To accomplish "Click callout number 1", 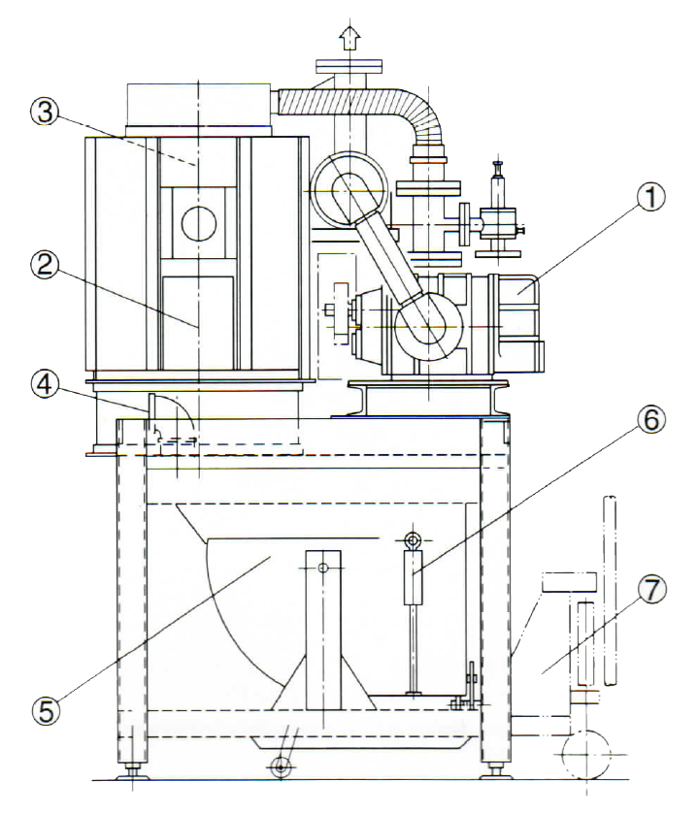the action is coord(650,198).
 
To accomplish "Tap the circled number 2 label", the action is coord(46,266).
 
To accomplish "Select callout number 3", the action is coord(46,112).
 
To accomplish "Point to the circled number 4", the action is coord(46,385).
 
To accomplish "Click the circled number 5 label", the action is coord(47,710).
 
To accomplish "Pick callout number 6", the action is coord(650,419).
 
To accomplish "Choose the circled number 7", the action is coord(651,590).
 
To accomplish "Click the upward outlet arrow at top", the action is coord(350,38).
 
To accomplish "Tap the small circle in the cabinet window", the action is coord(199,223).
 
